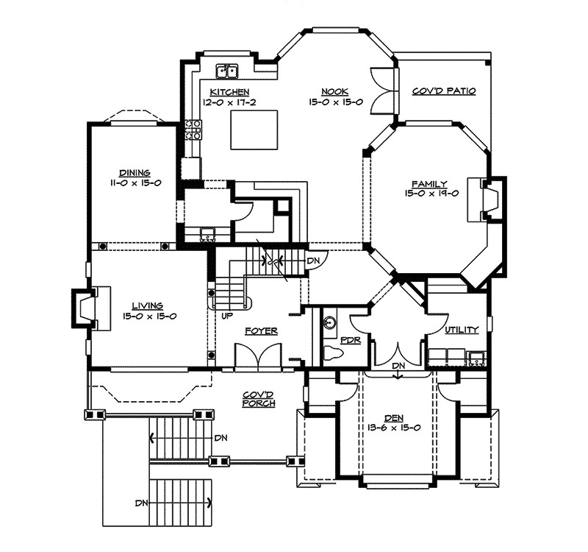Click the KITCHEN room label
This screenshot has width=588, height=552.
[229, 92]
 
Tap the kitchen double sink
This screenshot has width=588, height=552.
[227, 71]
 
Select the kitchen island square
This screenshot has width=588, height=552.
[254, 130]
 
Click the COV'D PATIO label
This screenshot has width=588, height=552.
[444, 91]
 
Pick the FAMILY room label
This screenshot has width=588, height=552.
[430, 184]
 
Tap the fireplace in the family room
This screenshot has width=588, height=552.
[487, 199]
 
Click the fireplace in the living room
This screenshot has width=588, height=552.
[90, 308]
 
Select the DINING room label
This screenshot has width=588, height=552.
[135, 173]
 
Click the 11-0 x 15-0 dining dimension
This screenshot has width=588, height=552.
[135, 183]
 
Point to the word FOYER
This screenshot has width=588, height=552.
[262, 330]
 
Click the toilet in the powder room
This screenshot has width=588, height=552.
[333, 352]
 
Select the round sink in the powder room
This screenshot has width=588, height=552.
[330, 322]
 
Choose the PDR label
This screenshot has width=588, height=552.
[351, 340]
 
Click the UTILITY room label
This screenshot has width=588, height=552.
[462, 330]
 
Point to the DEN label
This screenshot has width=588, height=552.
[394, 417]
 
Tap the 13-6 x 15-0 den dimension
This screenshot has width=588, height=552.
[394, 428]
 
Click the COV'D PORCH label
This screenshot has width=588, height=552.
[259, 399]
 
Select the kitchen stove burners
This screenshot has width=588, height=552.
[193, 130]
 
